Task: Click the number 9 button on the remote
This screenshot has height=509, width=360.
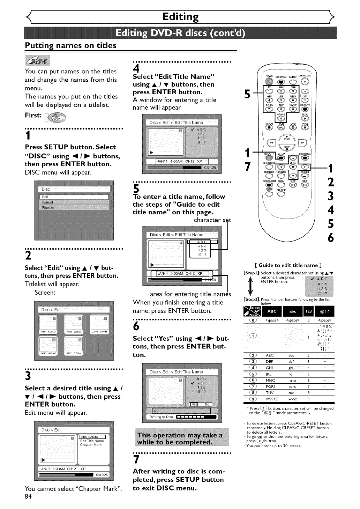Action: (x=293, y=108)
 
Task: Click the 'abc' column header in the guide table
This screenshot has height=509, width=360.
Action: (x=293, y=311)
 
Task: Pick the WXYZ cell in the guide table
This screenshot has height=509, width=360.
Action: (x=272, y=399)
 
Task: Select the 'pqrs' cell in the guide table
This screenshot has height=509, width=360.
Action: (x=292, y=386)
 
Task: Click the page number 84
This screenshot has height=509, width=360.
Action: (x=28, y=497)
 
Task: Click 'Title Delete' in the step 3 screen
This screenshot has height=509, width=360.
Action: (x=89, y=437)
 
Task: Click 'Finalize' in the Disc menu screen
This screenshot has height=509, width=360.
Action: (x=48, y=207)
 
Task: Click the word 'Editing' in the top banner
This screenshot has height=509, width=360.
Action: (x=180, y=16)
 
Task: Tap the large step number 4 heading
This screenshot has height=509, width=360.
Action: (x=136, y=69)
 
